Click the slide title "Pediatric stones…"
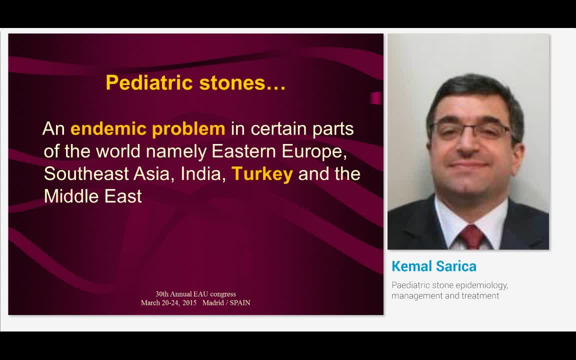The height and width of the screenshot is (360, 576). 195,83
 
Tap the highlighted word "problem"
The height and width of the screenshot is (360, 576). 188,129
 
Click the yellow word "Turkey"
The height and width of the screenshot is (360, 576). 262,174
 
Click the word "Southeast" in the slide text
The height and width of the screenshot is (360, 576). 86,174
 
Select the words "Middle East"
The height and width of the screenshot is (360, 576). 93,196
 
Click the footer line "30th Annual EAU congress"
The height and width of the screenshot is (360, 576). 195,294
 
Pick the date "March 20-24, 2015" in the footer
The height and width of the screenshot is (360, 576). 168,303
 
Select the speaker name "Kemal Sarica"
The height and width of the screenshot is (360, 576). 434,266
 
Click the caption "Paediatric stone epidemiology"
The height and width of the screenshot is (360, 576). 449,285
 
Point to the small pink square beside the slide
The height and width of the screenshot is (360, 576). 376,98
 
